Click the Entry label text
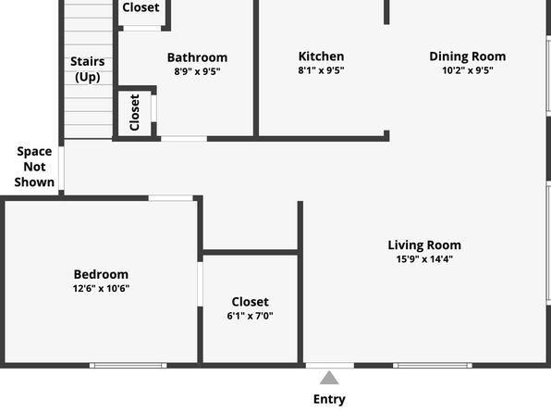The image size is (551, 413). [329, 399]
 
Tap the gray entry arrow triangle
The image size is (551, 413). [329, 378]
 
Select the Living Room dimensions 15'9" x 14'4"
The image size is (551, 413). [424, 259]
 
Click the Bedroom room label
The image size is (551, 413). [101, 274]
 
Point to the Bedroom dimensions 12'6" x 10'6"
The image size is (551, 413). [101, 288]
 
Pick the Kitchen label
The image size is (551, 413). [321, 56]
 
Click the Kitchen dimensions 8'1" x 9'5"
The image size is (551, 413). [321, 70]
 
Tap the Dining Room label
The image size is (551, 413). [468, 56]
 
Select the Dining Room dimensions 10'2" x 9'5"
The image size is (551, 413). [468, 70]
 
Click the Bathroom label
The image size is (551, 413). [197, 57]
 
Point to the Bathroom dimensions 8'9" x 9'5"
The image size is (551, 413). [197, 71]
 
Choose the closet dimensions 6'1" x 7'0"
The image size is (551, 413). [251, 316]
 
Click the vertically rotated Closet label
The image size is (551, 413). [135, 112]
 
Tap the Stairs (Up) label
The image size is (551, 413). [88, 69]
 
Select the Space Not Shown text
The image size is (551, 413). [34, 167]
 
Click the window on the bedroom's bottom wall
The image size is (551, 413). [128, 366]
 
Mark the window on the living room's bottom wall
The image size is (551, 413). [433, 366]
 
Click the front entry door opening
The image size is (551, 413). [330, 366]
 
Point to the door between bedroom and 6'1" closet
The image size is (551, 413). [200, 284]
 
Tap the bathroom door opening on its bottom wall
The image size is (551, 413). [184, 139]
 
